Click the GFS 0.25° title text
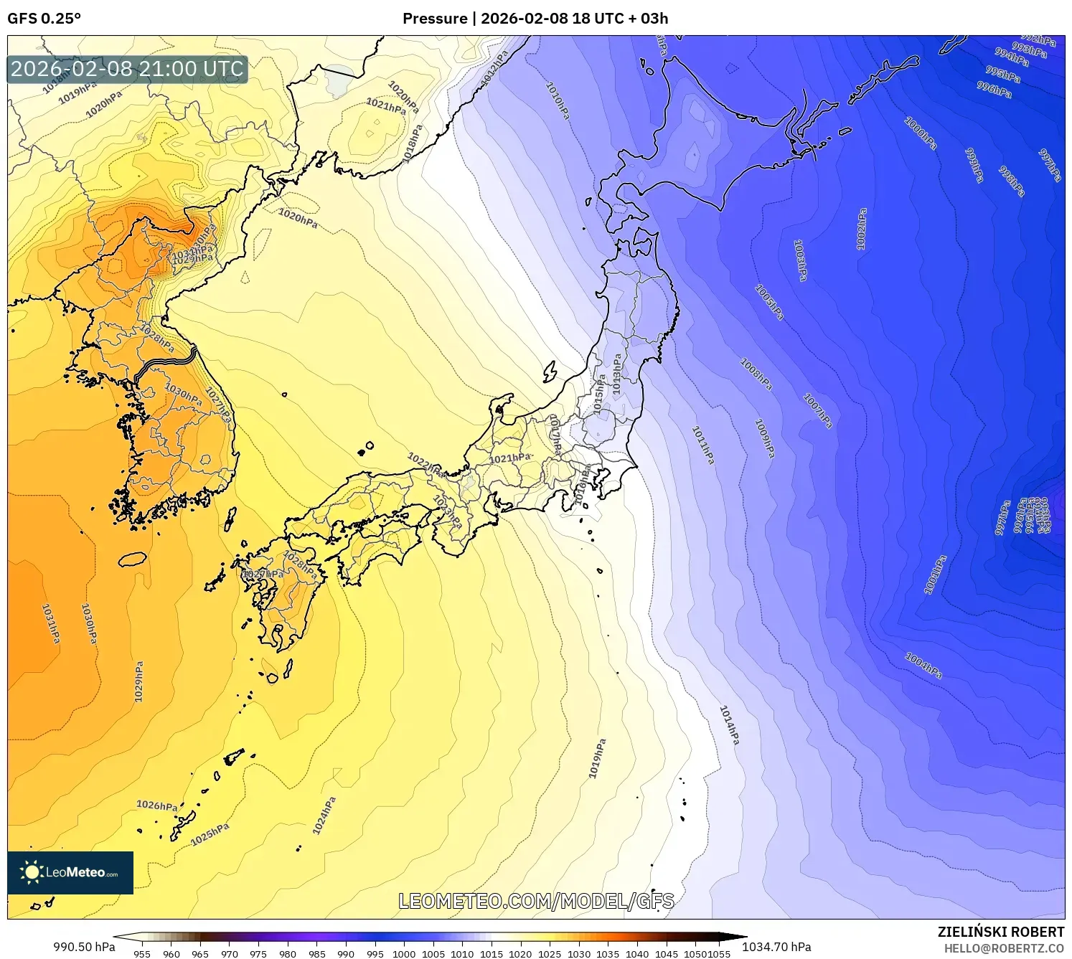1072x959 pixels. click(44, 19)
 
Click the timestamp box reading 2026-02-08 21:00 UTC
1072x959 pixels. click(127, 69)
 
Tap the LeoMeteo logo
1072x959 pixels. click(70, 872)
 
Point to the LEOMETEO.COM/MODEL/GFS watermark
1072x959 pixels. click(536, 901)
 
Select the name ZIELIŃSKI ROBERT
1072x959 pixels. click(1001, 932)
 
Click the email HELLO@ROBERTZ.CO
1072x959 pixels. click(1004, 948)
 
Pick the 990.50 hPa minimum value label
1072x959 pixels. click(84, 947)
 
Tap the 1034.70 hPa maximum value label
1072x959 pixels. click(776, 947)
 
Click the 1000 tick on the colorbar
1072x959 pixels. click(404, 954)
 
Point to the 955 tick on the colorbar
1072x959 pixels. click(142, 954)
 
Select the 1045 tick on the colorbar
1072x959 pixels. click(666, 954)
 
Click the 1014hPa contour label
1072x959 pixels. click(729, 724)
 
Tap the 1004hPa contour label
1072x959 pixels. click(923, 666)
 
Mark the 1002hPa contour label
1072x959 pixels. click(862, 229)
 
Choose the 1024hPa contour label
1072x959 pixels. click(324, 816)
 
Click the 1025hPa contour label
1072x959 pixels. click(210, 834)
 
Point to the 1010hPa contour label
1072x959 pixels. click(558, 100)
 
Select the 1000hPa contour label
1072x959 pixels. click(921, 133)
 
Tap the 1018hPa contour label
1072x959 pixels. click(412, 143)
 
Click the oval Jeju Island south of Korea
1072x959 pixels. click(132, 558)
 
